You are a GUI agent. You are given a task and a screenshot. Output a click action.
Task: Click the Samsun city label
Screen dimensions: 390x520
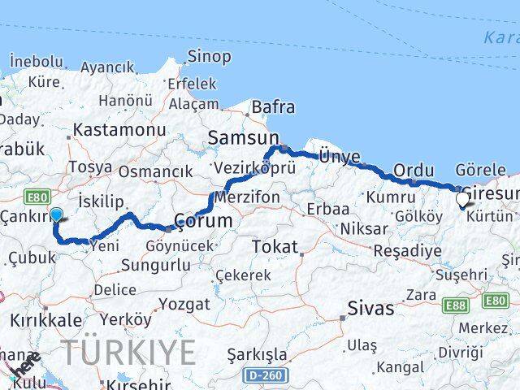coord(243,138)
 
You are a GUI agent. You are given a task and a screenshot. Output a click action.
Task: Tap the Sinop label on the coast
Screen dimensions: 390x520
coord(209,57)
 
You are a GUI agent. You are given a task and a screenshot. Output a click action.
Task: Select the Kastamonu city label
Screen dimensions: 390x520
coord(119,130)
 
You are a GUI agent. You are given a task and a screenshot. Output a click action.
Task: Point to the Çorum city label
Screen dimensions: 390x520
coord(205,220)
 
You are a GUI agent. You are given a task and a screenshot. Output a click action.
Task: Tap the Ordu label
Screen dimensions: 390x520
coord(414,170)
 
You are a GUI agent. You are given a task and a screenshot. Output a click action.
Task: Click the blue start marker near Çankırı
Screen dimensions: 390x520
coord(56,215)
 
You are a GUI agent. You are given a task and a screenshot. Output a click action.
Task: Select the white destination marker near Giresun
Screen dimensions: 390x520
coord(462,198)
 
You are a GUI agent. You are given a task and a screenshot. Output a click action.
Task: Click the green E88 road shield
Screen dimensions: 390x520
coord(455,305)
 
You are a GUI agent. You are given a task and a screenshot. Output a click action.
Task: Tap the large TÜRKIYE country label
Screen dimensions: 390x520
coord(130,353)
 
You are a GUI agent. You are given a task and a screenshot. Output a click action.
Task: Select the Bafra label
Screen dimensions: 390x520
coord(273,106)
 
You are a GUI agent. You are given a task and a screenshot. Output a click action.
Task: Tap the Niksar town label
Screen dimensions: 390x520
coord(365,228)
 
